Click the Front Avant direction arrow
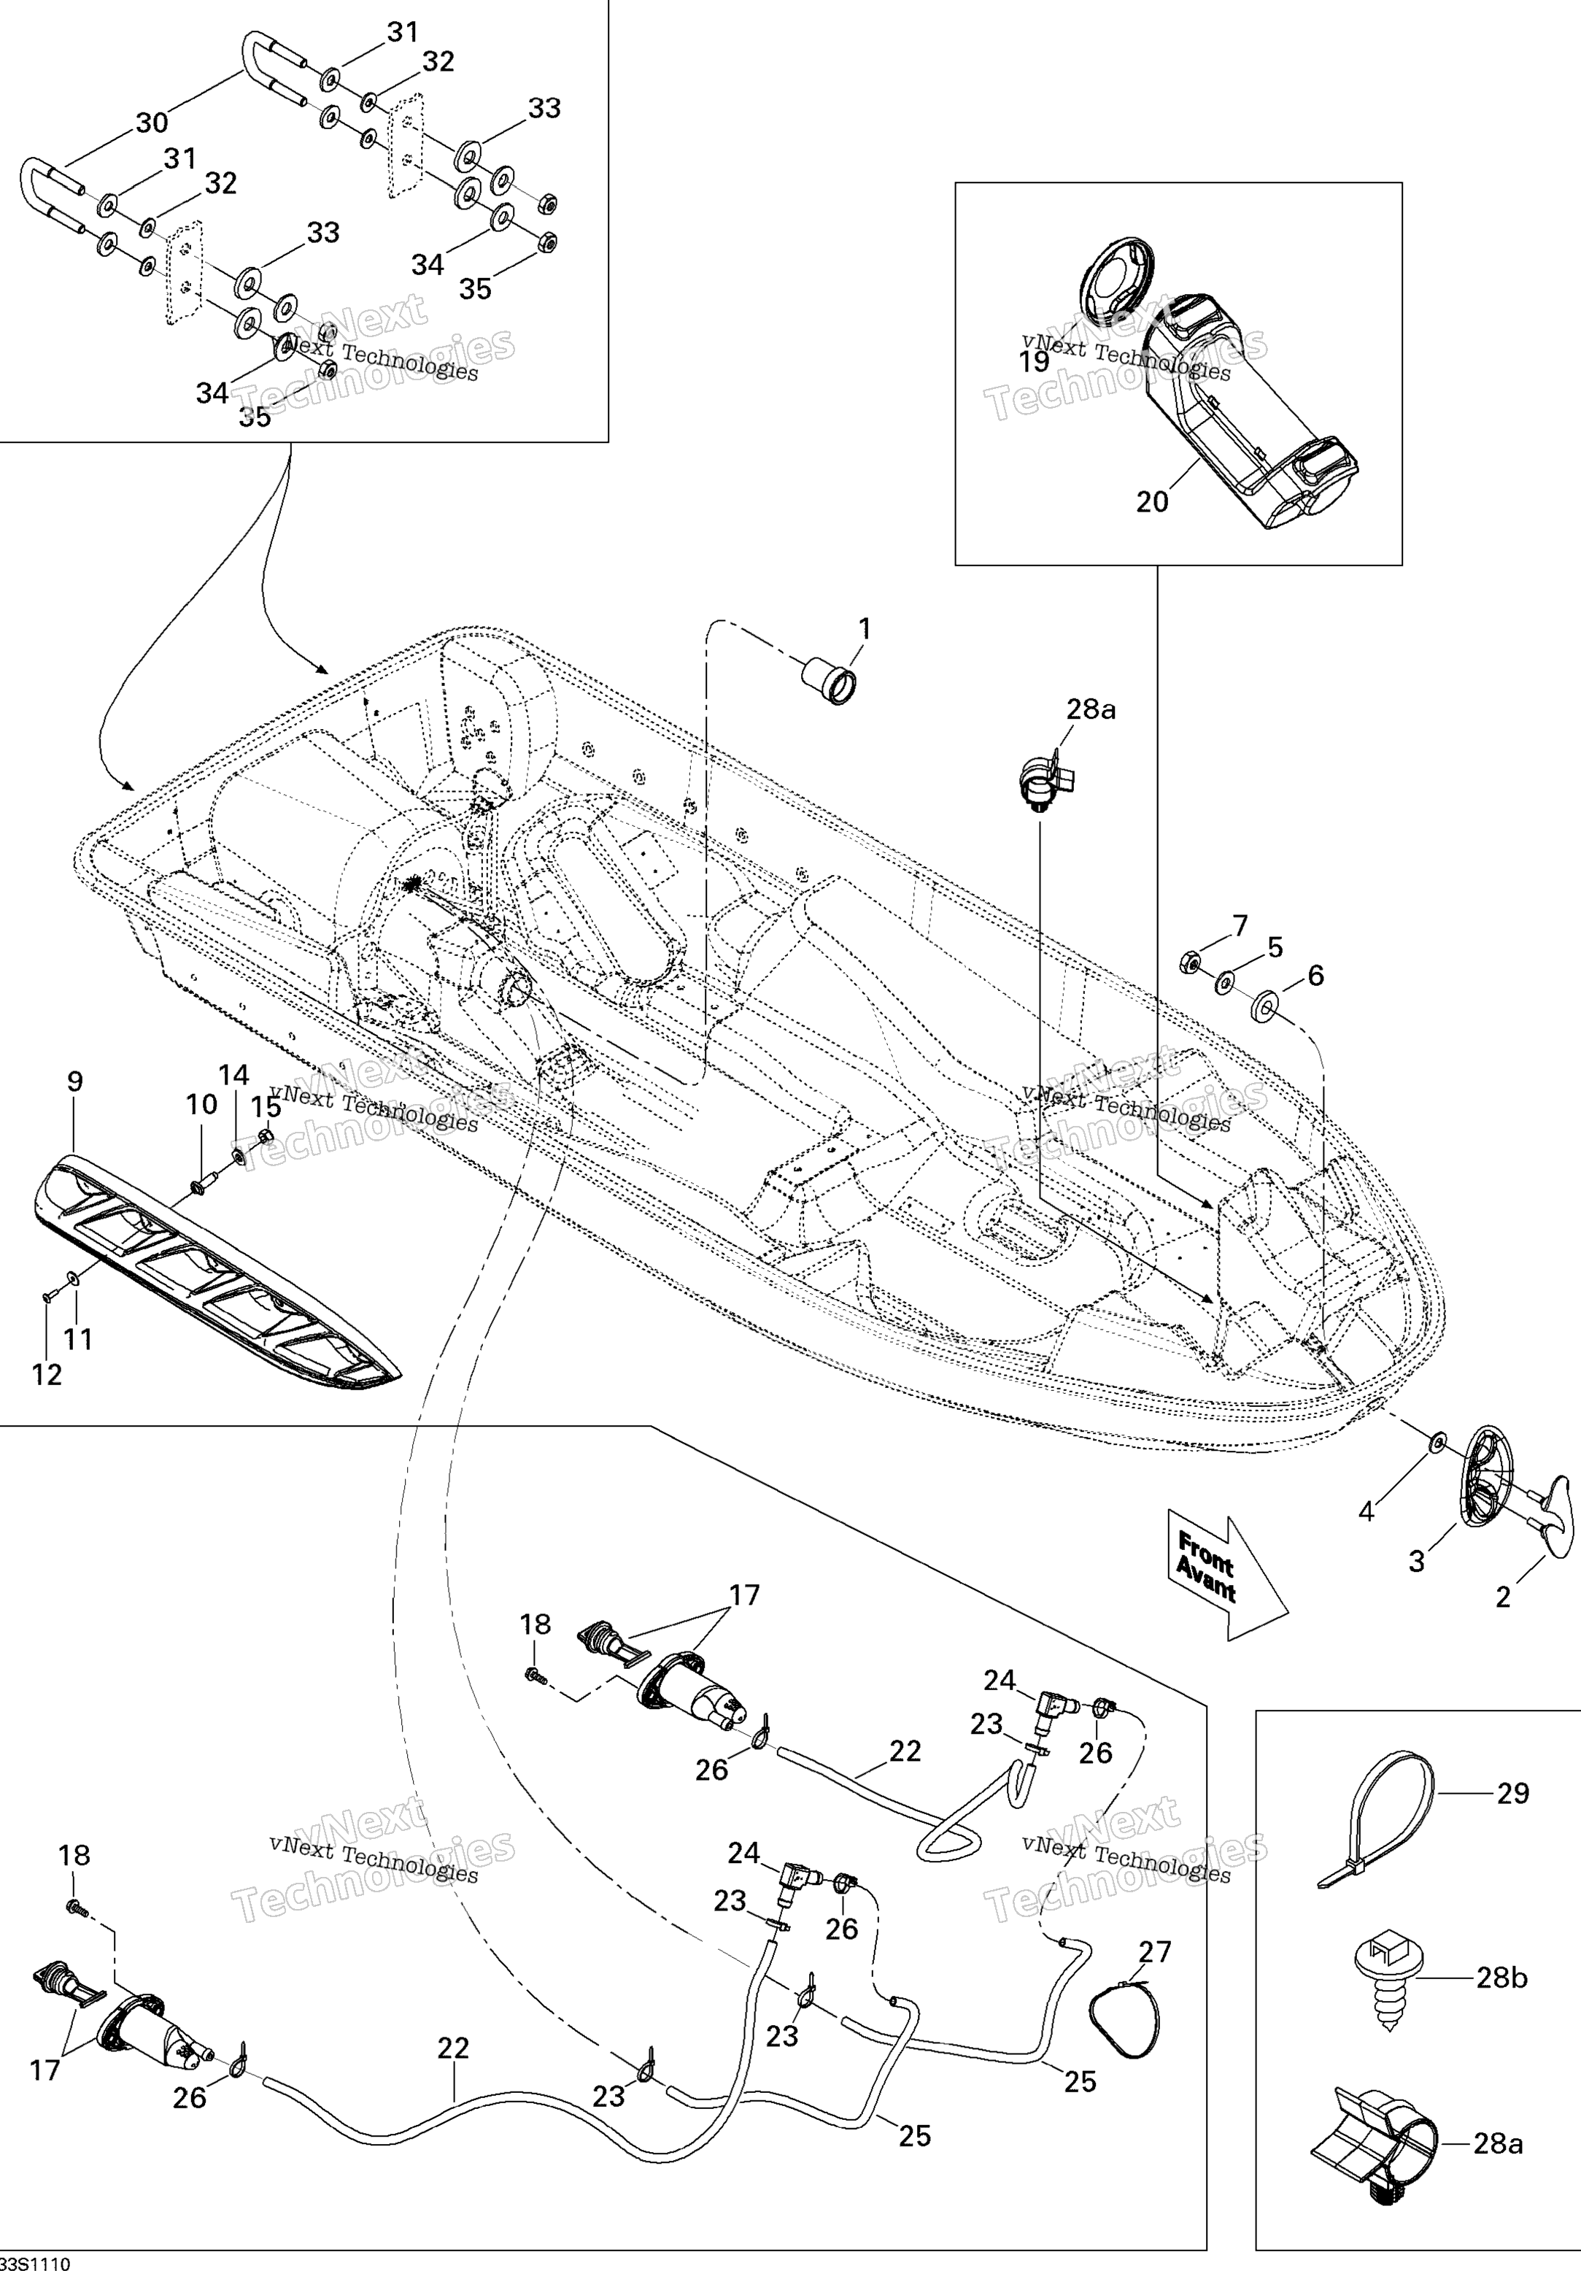point(1226,1573)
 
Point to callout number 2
point(1503,1597)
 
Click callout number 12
point(47,1374)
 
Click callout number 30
point(151,123)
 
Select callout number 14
point(234,1075)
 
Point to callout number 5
point(1275,947)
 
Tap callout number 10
point(201,1104)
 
